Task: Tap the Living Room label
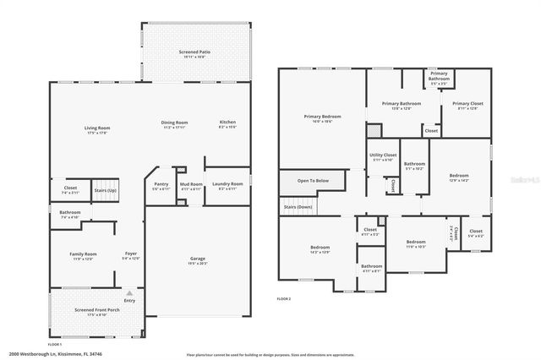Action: coord(97,128)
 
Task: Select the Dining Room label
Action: coord(174,123)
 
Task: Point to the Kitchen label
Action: coord(228,122)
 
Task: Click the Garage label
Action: coord(198,259)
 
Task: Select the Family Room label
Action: coord(83,254)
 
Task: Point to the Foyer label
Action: coord(131,254)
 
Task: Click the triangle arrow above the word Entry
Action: coord(129,292)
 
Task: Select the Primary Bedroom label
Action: coord(323,116)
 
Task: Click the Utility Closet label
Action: coord(383,155)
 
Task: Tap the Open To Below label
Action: coord(312,181)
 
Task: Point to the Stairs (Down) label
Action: coord(298,206)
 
